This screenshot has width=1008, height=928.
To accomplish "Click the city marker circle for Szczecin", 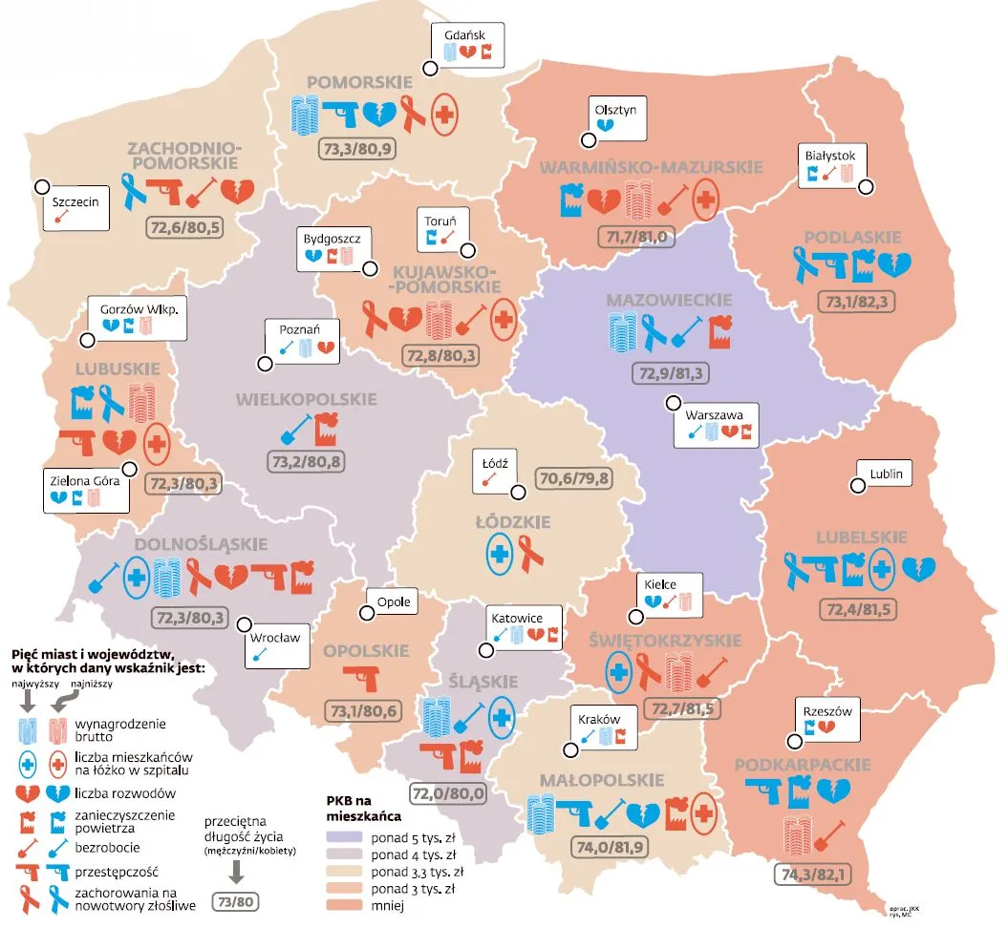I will point(42,187).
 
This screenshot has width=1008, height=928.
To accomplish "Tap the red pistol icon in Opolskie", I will point(364,678).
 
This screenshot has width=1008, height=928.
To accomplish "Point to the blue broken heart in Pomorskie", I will point(378,114).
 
